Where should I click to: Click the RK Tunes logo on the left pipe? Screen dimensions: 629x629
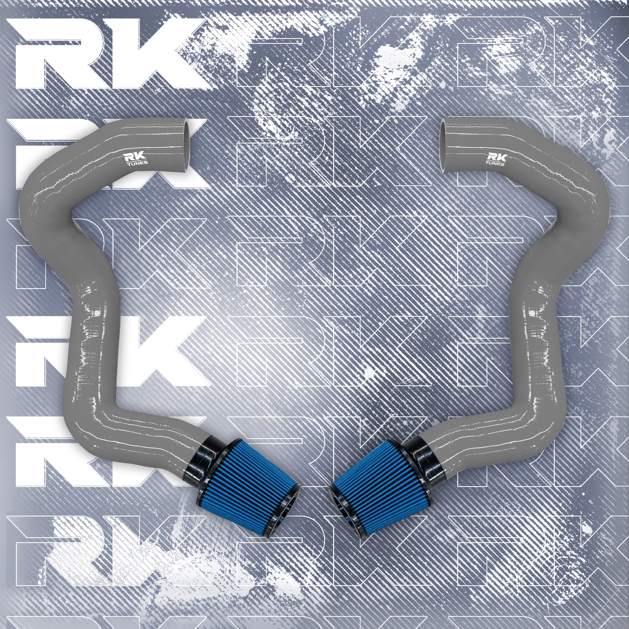(x=137, y=159)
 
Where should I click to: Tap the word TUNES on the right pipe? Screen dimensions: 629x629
(x=495, y=164)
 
